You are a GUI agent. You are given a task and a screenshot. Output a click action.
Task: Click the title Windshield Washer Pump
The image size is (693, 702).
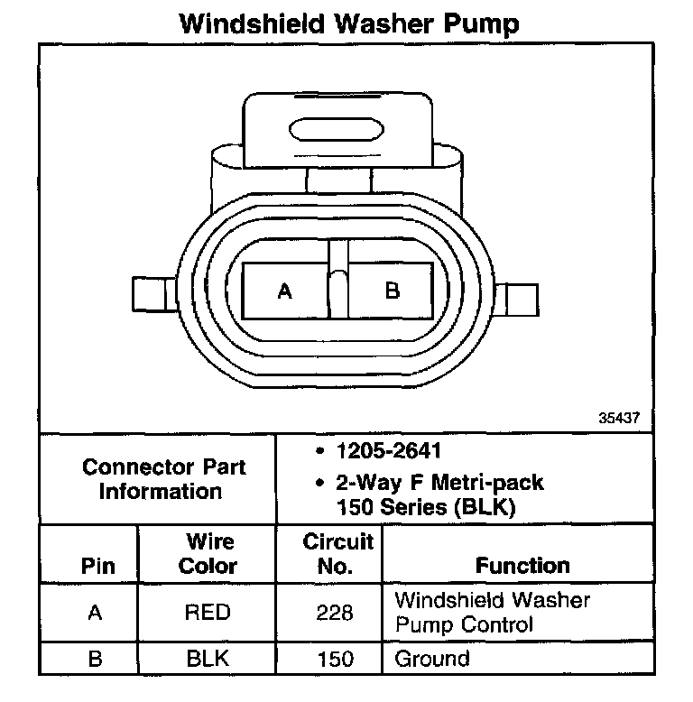tap(349, 23)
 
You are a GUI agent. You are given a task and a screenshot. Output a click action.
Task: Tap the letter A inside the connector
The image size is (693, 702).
tap(285, 291)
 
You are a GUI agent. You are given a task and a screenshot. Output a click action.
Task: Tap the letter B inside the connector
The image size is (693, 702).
tap(393, 291)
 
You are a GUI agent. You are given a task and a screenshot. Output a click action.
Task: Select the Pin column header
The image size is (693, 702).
tap(97, 566)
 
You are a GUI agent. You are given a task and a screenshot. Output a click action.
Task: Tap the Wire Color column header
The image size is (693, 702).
tap(208, 554)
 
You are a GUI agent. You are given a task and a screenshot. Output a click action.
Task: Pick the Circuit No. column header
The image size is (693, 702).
tap(337, 554)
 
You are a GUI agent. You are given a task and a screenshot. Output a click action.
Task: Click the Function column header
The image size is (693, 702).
tap(522, 566)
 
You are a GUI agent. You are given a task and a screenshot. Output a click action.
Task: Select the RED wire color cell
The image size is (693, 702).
tap(208, 613)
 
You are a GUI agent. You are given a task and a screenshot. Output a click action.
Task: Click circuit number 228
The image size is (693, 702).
tap(335, 614)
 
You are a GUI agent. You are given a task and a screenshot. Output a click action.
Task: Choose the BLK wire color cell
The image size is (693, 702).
tap(208, 659)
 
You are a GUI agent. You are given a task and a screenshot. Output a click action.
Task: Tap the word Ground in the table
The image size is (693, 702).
tap(432, 658)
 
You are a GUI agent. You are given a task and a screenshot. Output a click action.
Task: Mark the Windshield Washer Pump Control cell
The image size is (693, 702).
tap(492, 612)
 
